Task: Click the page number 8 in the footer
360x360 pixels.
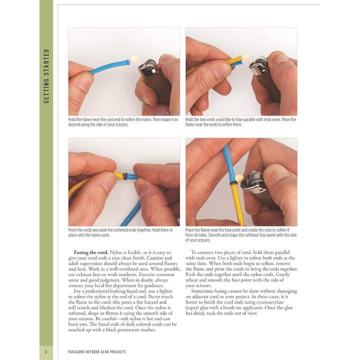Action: (x=45, y=352)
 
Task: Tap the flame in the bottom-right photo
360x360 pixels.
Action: (x=239, y=177)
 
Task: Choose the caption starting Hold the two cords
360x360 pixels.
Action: (x=240, y=122)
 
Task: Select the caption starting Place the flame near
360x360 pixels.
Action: (x=240, y=235)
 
